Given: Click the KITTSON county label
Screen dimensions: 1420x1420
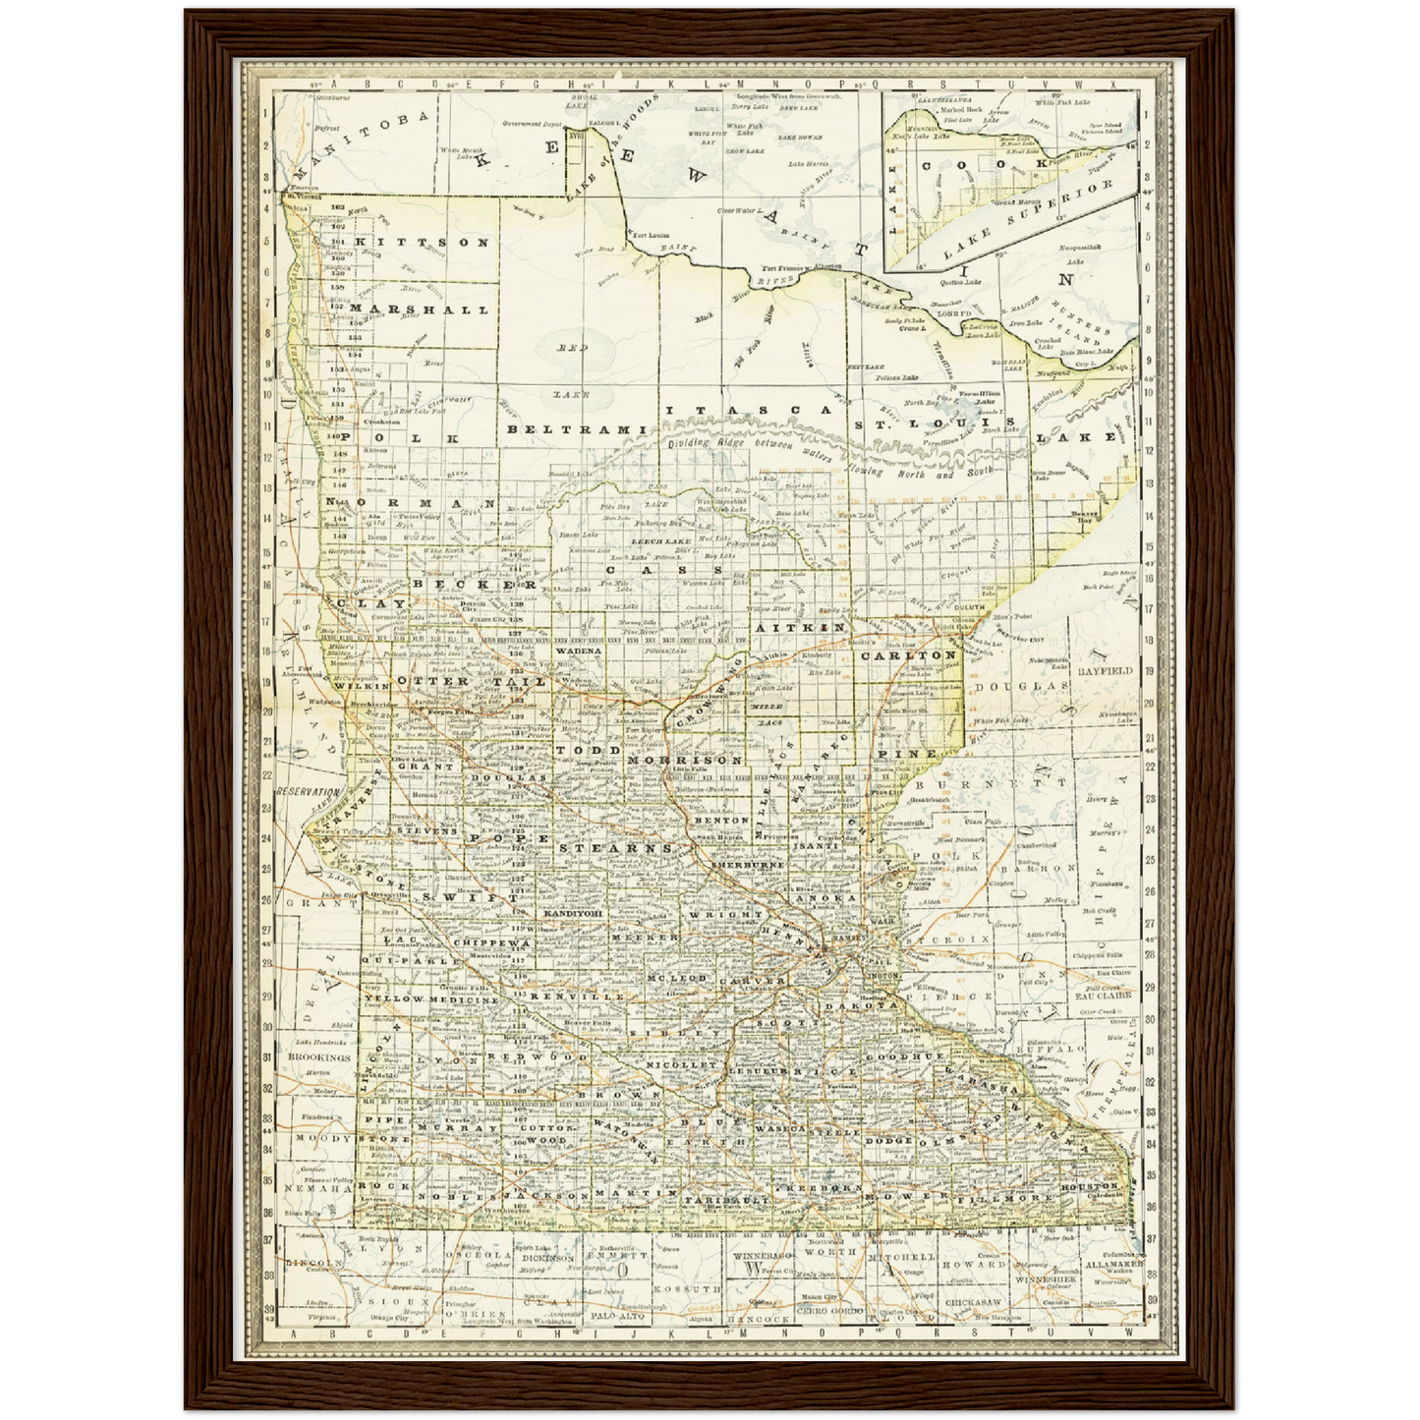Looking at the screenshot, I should click(x=422, y=242).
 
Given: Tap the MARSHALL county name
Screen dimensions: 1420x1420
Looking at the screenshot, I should click(x=419, y=310).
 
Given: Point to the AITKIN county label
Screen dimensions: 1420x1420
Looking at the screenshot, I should click(x=800, y=626).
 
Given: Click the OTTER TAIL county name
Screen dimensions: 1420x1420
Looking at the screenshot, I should click(x=448, y=680).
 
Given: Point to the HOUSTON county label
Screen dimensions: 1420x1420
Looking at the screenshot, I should click(x=1088, y=1186).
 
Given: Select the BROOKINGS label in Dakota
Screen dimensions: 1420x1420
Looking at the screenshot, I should click(x=318, y=1057).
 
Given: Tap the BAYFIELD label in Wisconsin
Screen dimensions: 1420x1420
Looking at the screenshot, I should click(x=1105, y=670).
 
